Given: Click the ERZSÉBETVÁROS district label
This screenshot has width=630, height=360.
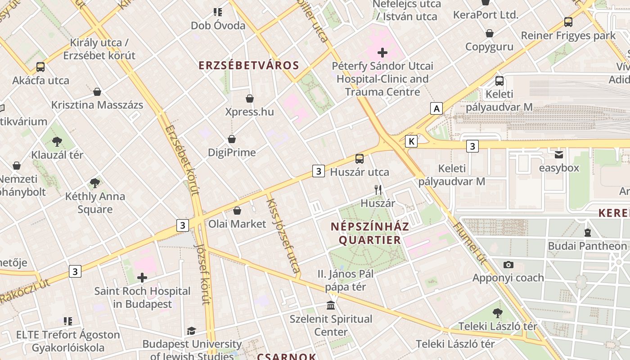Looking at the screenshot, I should point(249,65).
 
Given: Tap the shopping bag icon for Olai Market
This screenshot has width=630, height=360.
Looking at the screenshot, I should point(237,211).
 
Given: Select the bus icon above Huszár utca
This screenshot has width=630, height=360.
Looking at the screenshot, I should point(360,158).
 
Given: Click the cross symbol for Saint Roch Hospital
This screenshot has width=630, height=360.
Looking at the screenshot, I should point(142,278).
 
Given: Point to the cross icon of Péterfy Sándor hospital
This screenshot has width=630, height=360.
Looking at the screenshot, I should point(382,53).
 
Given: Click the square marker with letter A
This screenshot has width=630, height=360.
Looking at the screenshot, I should point(436,108).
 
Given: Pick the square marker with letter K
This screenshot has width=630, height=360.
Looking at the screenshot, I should point(411,141).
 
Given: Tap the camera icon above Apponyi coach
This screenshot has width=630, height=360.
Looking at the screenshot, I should point(508,265).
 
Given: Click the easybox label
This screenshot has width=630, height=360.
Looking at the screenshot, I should point(559,168).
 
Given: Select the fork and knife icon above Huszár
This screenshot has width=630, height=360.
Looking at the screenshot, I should point(378,190).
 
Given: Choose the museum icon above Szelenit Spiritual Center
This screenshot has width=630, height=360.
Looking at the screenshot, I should point(331,306).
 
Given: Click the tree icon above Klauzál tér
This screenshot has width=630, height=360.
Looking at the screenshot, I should point(57,142).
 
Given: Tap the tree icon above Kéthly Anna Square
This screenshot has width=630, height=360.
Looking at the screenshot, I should point(94,183).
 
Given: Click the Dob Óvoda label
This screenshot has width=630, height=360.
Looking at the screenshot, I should point(218,25).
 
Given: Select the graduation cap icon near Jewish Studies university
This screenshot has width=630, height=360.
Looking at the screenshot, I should point(191,331).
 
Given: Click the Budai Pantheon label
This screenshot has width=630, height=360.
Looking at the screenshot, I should point(587,246).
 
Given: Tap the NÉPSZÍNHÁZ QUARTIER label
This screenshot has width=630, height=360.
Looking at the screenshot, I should point(370,233).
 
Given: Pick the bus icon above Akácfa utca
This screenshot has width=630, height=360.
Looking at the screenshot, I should point(40,67).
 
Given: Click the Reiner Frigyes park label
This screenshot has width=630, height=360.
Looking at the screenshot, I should point(568,36).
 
